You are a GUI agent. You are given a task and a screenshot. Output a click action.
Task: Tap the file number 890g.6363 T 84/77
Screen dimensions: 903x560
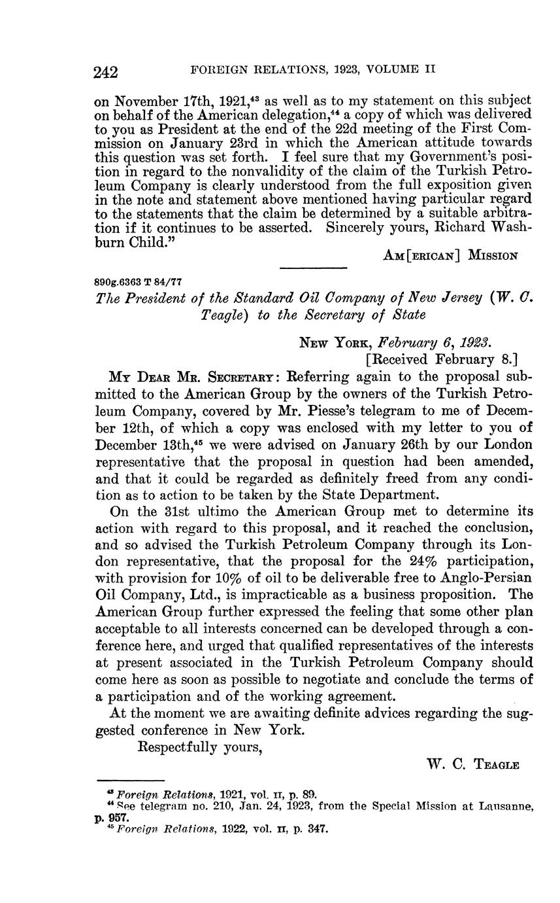pos(139,281)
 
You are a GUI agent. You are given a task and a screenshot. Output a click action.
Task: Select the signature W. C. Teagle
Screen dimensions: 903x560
pos(472,764)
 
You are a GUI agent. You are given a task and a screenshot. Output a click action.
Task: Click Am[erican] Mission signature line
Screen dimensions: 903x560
pos(451,256)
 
